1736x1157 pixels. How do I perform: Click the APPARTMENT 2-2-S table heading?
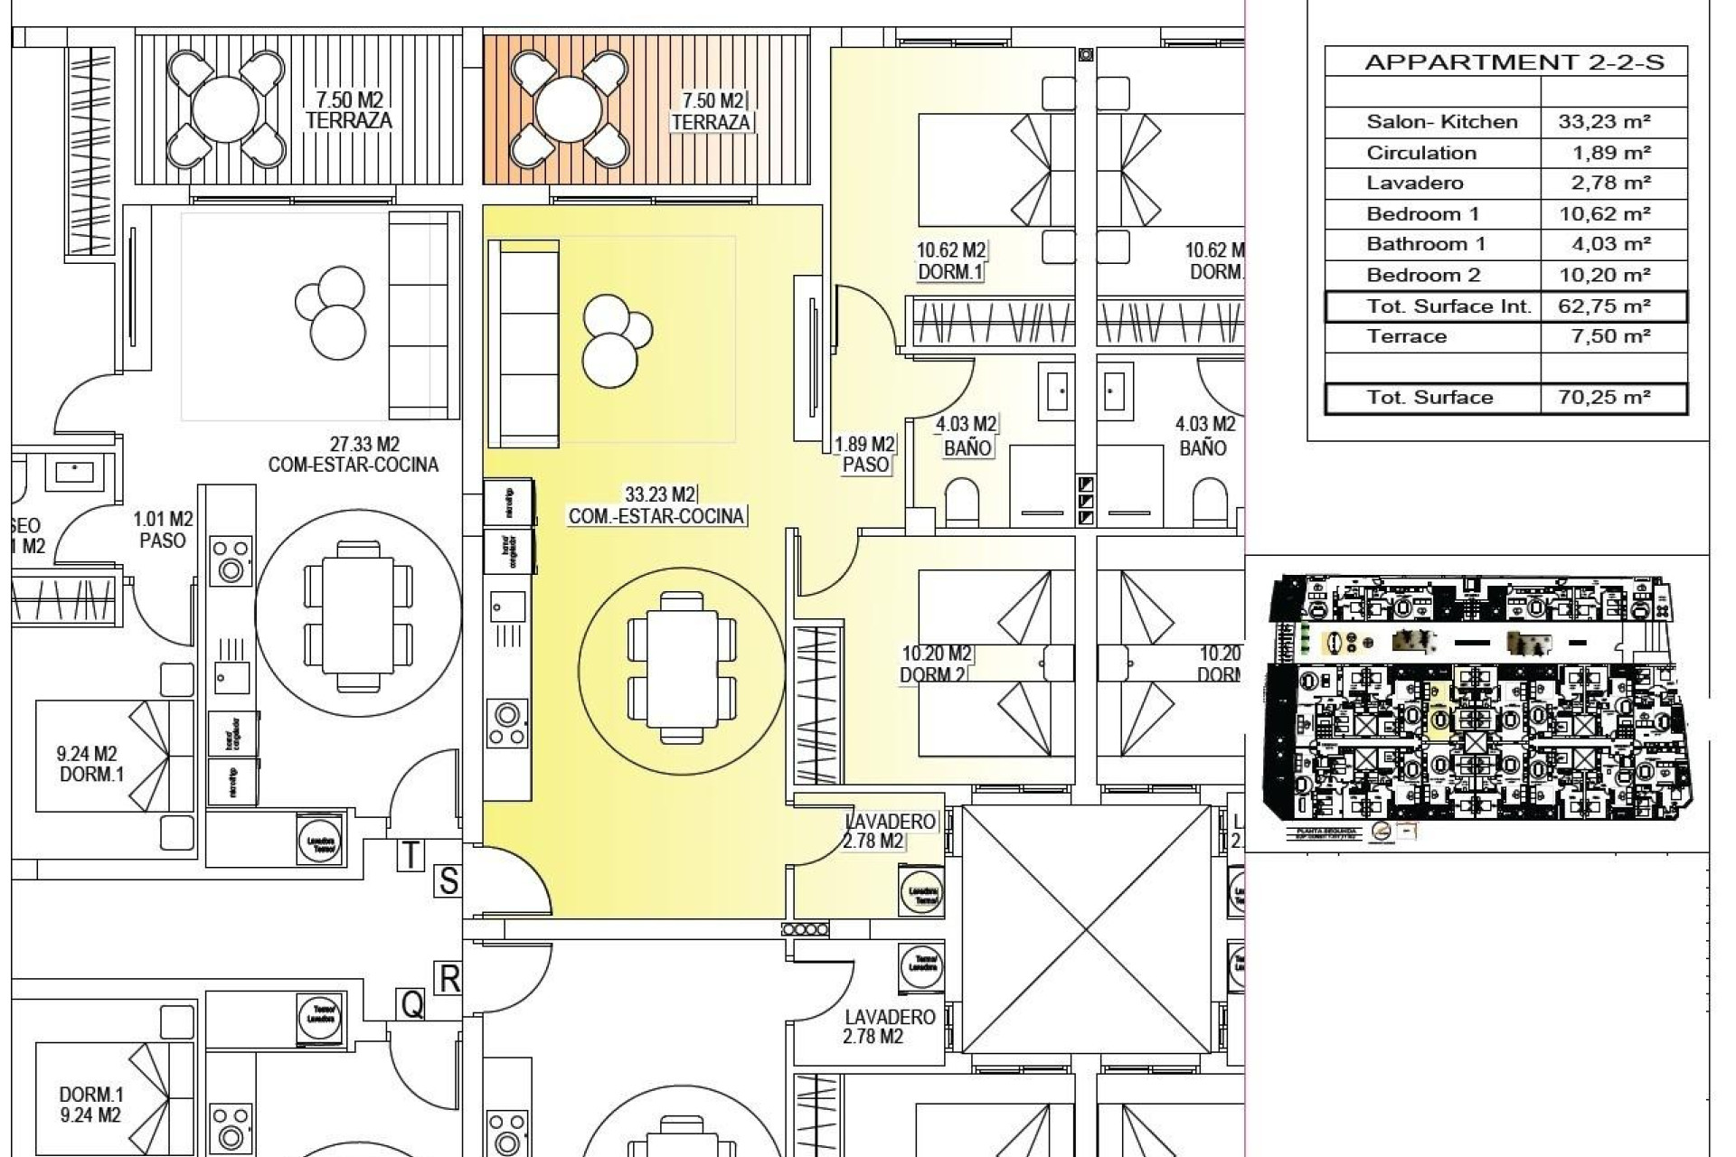tap(1514, 62)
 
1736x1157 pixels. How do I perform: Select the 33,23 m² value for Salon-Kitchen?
tap(1605, 122)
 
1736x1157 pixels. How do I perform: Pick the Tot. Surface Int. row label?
tap(1448, 306)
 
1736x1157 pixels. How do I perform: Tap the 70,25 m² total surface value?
tap(1605, 398)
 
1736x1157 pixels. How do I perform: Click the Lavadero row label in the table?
tap(1414, 183)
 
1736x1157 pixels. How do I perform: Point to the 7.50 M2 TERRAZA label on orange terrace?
tap(711, 111)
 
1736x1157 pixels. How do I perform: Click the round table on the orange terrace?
tap(568, 109)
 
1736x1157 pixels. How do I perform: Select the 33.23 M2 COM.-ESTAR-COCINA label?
tap(657, 506)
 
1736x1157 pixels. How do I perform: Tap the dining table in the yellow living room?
tap(682, 668)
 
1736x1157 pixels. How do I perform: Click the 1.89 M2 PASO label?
tap(865, 455)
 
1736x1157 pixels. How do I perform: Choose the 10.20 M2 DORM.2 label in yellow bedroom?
tap(936, 664)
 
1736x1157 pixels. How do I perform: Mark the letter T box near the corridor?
tap(410, 854)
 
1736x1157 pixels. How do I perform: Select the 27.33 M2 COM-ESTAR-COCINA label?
tap(353, 455)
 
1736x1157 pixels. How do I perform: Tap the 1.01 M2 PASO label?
tap(163, 530)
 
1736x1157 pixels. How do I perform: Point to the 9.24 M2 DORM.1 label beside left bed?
tap(89, 764)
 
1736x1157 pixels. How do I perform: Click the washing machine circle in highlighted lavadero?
tap(921, 894)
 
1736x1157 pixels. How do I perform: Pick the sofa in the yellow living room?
tap(523, 343)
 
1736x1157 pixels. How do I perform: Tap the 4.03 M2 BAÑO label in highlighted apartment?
tap(966, 436)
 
